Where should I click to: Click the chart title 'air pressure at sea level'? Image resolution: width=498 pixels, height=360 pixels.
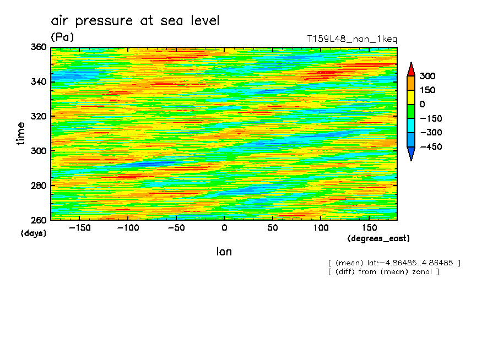pos(135,21)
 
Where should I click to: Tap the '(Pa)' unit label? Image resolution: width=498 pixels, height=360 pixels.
pos(62,37)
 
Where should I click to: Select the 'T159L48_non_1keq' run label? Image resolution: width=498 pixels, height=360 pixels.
pos(351,39)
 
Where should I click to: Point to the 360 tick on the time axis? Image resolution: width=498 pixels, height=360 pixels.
pos(39,47)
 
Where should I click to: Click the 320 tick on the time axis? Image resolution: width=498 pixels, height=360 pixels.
pos(39,116)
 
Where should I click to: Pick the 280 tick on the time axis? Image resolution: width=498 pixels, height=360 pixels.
pos(39,186)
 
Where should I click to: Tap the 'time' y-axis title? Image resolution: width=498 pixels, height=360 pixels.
pos(21,134)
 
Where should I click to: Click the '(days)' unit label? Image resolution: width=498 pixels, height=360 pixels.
pos(33,233)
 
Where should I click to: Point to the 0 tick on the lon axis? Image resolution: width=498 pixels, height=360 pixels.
pos(224,227)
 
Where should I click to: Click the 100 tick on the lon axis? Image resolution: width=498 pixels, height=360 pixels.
pos(321,227)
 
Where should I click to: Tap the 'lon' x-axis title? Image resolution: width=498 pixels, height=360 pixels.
pos(224,252)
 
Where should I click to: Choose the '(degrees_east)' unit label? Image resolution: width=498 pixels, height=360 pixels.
pos(378,238)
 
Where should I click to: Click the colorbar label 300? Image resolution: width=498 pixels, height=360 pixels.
pos(427,76)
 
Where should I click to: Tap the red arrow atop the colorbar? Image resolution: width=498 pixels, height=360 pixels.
pos(411,69)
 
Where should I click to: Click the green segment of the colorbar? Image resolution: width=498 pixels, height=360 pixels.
pos(411,111)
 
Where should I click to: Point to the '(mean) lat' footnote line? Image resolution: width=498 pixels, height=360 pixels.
pos(394,263)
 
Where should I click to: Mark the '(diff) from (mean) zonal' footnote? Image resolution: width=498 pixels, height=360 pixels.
pos(383,271)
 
